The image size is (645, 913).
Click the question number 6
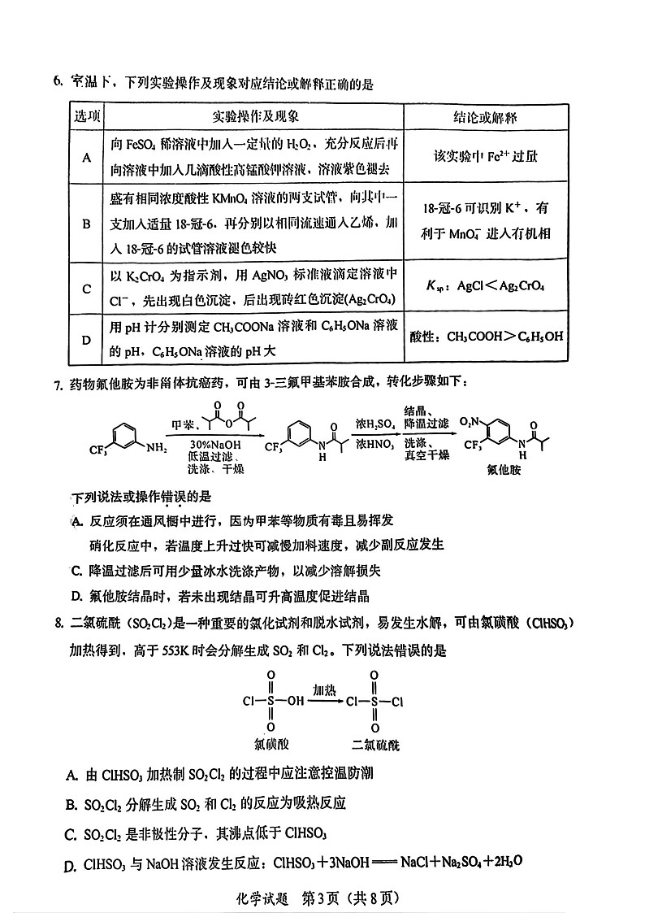point(58,81)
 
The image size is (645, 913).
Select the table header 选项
point(87,117)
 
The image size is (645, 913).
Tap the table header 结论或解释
point(485,117)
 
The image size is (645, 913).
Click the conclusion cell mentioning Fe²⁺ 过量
point(485,156)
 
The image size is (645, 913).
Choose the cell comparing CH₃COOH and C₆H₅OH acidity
point(487,337)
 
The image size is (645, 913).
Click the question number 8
point(58,623)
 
